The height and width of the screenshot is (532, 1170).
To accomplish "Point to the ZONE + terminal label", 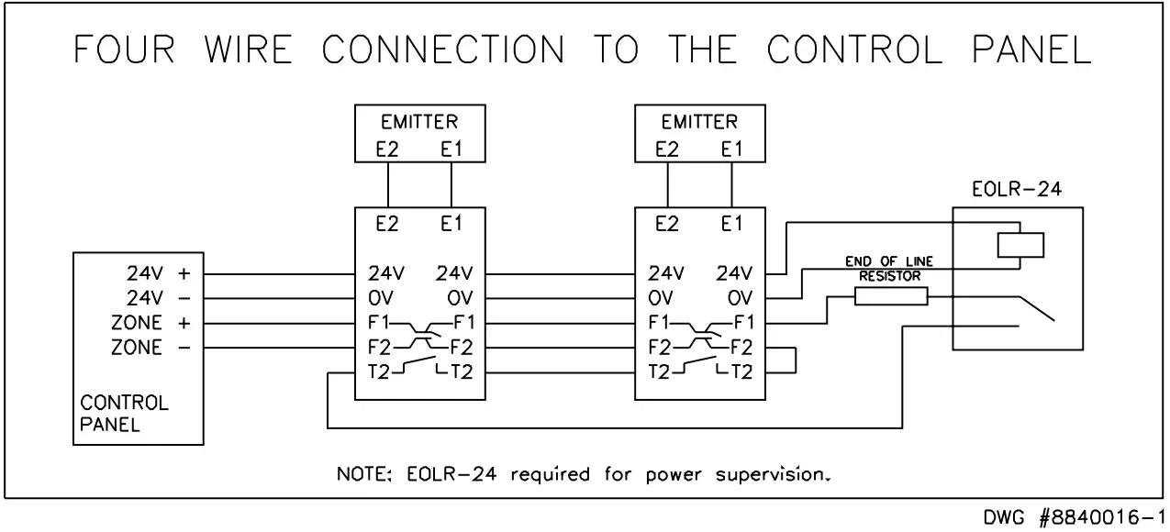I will [x=150, y=323].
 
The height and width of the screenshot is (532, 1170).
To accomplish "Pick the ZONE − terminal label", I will [x=150, y=348].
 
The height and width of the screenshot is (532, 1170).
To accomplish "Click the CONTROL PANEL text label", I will [x=125, y=414].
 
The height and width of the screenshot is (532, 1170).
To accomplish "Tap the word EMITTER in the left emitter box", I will [x=419, y=122].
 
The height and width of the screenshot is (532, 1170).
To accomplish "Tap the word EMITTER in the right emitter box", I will [x=699, y=122].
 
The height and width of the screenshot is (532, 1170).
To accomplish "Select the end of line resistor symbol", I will [x=890, y=296].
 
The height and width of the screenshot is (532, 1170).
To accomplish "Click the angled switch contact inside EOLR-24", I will [x=1036, y=309].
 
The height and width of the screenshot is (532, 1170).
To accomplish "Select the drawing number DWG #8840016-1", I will [x=1076, y=518].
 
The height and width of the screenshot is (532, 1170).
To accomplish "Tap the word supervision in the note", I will [x=773, y=477].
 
